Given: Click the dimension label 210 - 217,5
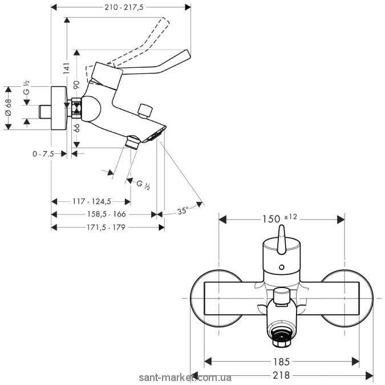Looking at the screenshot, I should (x=120, y=7).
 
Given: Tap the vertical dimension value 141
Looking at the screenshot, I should (x=66, y=69).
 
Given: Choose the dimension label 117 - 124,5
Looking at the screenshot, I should (x=91, y=201).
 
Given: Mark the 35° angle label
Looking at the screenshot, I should (x=182, y=210).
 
